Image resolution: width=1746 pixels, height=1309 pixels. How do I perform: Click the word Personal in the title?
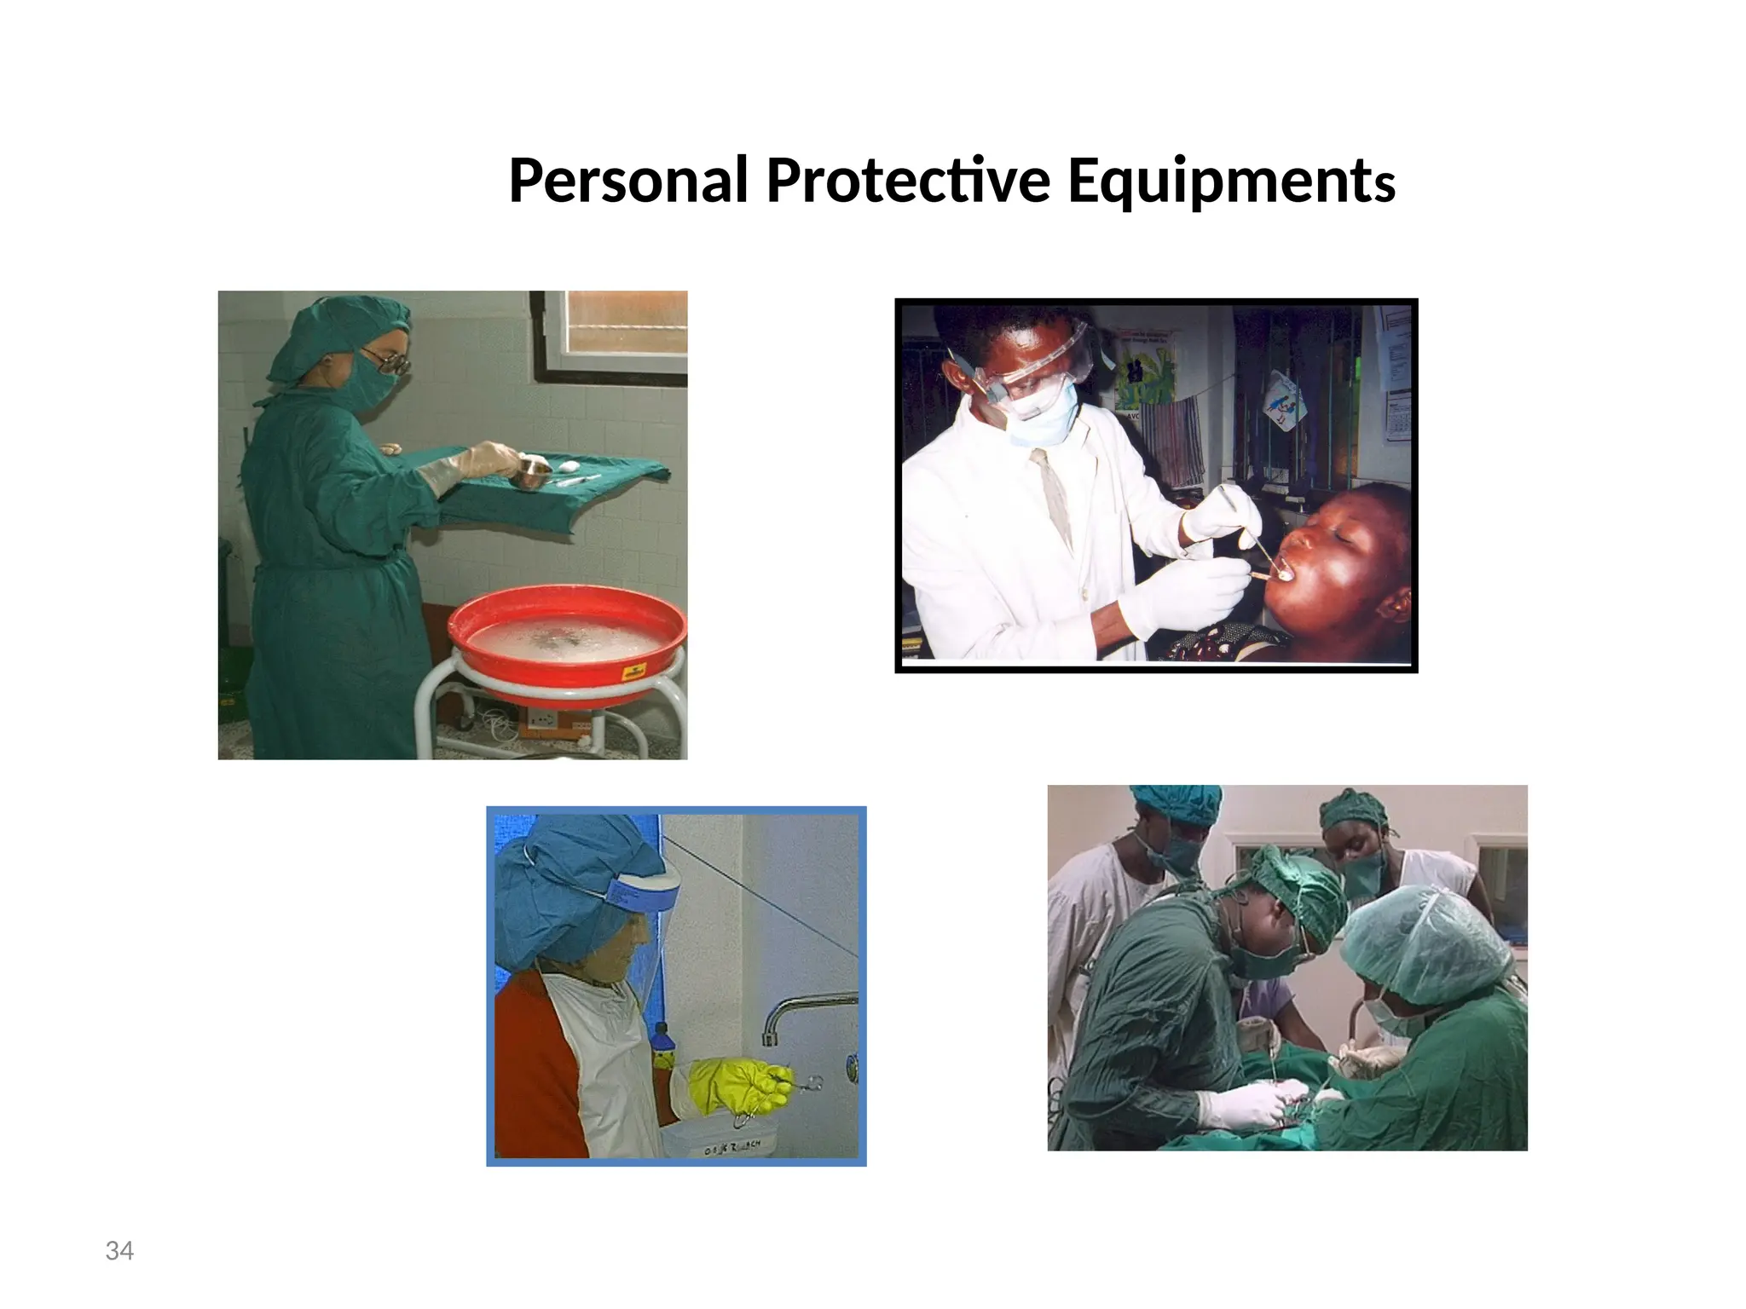click(628, 181)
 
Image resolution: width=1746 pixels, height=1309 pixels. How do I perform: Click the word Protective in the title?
click(907, 181)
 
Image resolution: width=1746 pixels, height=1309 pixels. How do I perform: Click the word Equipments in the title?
click(1230, 181)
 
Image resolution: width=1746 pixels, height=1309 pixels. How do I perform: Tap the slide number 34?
click(119, 1251)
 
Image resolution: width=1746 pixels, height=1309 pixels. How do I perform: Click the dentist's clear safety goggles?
click(1036, 366)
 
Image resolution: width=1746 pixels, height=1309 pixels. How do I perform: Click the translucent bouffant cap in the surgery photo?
click(1424, 942)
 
